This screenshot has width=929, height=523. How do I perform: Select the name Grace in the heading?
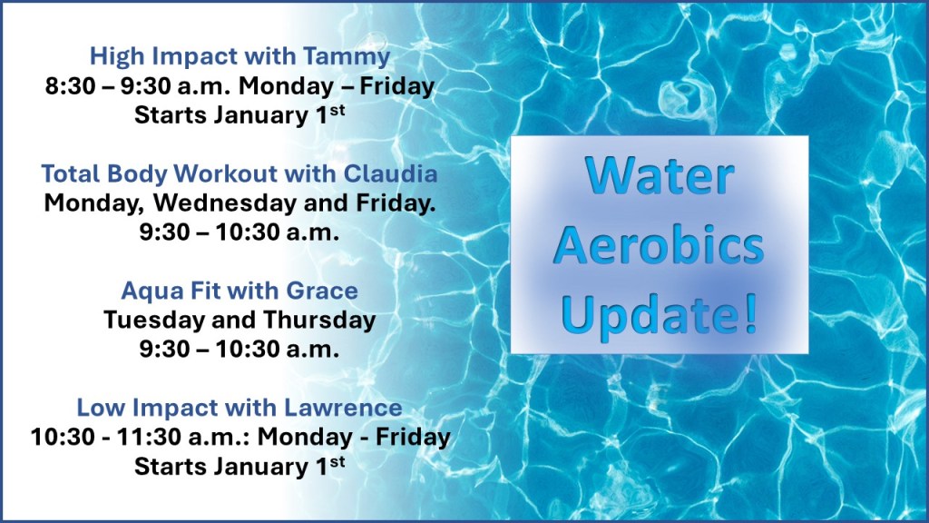pyautogui.click(x=327, y=291)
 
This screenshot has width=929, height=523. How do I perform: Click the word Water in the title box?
pyautogui.click(x=659, y=177)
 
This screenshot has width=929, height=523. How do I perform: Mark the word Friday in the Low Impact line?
pyautogui.click(x=414, y=437)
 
